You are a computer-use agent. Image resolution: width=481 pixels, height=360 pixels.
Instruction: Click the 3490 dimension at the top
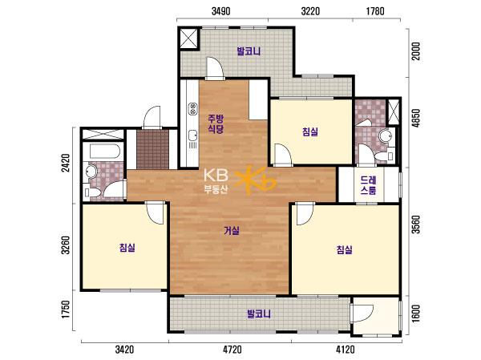coord(221,11)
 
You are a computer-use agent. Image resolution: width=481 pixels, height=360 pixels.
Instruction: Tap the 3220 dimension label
coord(310,11)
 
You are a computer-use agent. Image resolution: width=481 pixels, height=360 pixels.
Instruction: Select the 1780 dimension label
coord(375,11)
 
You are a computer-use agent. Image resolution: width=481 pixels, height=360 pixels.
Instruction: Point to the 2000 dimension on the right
coord(415,51)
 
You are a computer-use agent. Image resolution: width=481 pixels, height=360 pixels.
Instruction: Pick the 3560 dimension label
coord(415,224)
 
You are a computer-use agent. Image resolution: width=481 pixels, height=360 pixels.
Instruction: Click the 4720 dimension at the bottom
coord(232,350)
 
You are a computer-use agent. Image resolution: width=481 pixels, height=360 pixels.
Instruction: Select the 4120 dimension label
coord(346,350)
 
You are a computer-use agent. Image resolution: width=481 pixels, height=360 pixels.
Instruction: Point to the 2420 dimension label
coord(66,163)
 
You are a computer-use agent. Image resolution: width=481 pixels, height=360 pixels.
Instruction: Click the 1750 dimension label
coord(66,309)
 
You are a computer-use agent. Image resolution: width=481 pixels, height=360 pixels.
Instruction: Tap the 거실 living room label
coord(232,230)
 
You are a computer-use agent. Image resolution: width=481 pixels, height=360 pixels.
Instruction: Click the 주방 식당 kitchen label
coord(216,123)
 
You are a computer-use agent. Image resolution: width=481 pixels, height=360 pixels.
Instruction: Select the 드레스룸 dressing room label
coord(368,185)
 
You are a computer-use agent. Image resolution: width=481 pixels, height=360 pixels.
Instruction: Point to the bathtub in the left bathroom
coord(104,151)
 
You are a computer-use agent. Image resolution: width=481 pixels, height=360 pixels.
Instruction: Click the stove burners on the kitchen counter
coord(192,109)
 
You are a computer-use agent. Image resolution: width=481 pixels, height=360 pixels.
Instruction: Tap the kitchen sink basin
coord(192,135)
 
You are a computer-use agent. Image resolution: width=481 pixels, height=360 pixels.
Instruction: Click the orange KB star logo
coord(256,181)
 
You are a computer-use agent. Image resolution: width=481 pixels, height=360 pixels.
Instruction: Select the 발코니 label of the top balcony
coord(249,51)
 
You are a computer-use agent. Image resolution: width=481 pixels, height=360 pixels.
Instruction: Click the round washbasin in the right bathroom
coord(385,136)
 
